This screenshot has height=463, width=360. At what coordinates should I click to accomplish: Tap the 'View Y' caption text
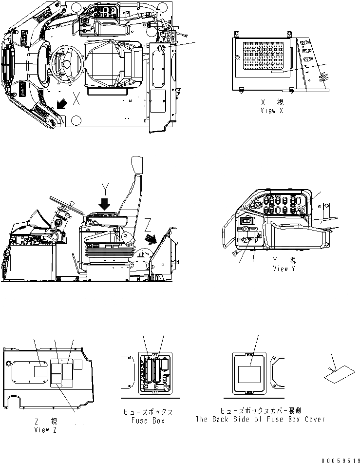click(284, 269)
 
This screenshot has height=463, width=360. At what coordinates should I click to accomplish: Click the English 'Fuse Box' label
click(149, 420)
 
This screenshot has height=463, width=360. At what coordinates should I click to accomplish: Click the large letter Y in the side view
click(105, 186)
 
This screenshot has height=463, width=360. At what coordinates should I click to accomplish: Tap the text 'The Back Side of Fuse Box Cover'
click(260, 419)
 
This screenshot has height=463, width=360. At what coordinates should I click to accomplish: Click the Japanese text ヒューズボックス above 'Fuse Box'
click(149, 412)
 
